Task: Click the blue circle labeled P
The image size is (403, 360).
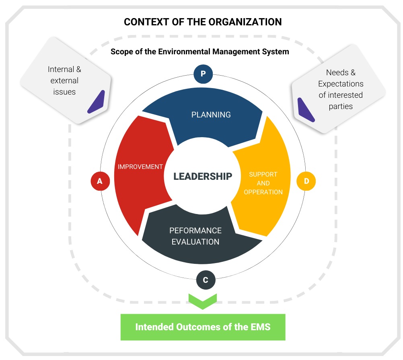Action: click(x=203, y=74)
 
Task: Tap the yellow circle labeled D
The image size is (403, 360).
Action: click(x=306, y=181)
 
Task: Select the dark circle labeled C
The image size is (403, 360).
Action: click(x=206, y=280)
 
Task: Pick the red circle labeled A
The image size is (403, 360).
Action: click(x=100, y=181)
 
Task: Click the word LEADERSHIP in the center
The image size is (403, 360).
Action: click(x=203, y=176)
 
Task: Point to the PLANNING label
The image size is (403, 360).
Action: click(x=211, y=115)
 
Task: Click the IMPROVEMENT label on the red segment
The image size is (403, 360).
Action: click(x=140, y=167)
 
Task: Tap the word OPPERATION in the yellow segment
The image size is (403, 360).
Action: click(x=263, y=192)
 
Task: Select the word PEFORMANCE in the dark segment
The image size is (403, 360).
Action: click(x=195, y=230)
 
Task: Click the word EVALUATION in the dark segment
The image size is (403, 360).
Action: click(x=195, y=242)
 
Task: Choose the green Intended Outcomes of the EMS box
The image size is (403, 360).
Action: click(x=203, y=327)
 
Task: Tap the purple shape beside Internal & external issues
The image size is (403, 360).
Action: click(x=96, y=102)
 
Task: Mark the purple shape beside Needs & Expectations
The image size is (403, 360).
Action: click(x=306, y=109)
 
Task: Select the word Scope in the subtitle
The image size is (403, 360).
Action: click(x=121, y=51)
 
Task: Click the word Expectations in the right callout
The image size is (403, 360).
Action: click(x=341, y=84)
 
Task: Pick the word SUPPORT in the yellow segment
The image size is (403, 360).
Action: click(x=263, y=174)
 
